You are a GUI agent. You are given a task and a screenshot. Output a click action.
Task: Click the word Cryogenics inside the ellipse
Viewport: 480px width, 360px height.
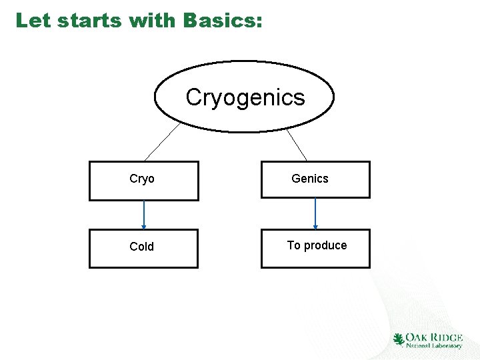245,97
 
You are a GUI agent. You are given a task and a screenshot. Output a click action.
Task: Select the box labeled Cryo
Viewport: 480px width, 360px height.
143,181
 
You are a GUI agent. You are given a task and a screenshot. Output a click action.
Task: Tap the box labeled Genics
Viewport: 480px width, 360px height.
315,179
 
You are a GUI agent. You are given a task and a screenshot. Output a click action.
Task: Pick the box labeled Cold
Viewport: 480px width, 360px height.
143,248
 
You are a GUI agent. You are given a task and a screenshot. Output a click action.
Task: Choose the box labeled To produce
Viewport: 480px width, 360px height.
315,248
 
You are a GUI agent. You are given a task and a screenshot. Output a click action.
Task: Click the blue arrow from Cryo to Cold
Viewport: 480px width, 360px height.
144,213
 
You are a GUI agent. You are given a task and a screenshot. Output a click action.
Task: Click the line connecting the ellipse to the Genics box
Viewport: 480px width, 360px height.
297,144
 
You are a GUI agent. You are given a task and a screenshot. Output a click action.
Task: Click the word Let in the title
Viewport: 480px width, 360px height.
33,21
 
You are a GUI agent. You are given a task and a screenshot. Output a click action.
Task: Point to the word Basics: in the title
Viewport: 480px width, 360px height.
223,21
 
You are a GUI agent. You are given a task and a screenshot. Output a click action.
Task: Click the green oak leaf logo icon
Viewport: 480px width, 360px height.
399,340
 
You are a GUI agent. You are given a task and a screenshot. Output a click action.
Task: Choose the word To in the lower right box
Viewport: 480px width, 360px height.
294,245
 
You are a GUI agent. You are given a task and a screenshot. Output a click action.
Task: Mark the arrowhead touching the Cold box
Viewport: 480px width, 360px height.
144,226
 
